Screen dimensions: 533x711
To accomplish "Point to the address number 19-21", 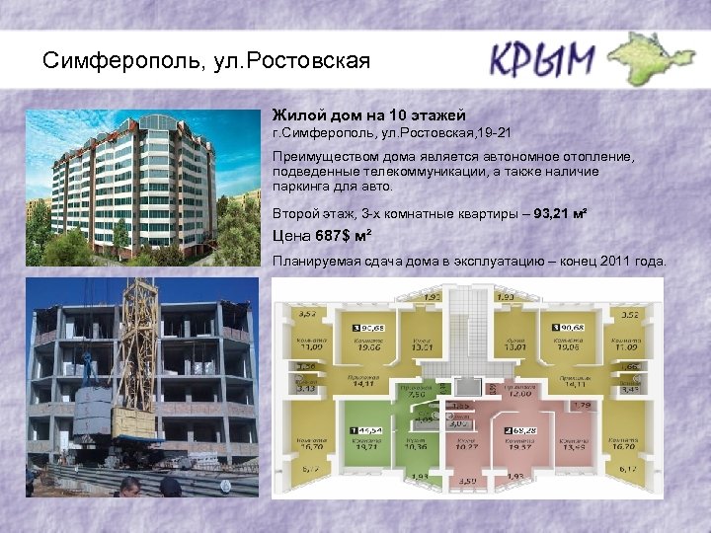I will pos(494,132).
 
